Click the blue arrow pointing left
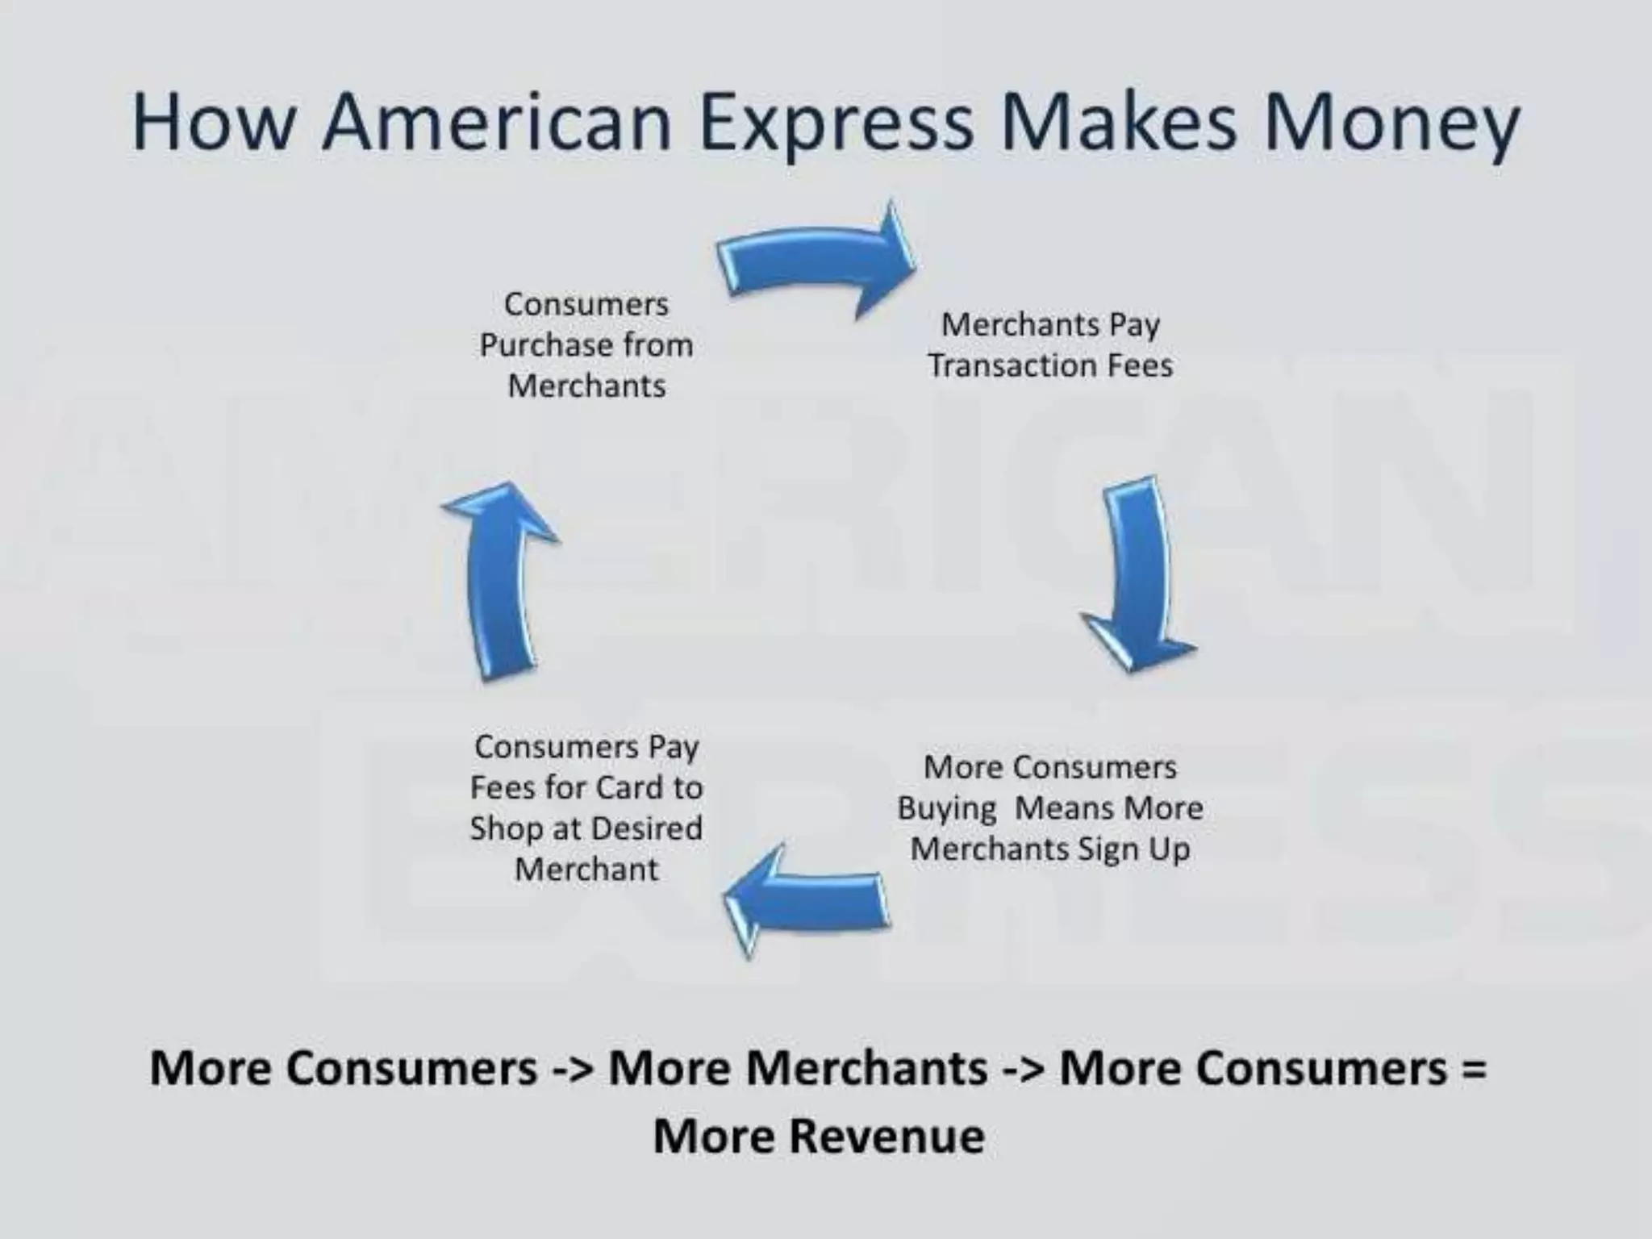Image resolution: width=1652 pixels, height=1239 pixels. pos(807,900)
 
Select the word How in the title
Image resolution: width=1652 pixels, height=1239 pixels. pos(212,123)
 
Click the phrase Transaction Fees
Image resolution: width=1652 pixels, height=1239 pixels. pos(1049,365)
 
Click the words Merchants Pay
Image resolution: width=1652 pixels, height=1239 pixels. pos(1049,324)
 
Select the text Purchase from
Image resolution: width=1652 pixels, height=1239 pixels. pos(586,345)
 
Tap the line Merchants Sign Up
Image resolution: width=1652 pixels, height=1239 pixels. pos(1049,849)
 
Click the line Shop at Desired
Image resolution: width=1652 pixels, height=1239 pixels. pos(586,828)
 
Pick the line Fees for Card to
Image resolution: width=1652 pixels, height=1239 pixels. pos(586,787)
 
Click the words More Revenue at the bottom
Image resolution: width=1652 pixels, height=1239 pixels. pos(818,1136)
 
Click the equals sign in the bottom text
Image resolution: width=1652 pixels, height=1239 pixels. pos(1473,1068)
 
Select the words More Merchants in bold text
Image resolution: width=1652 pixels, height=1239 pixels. pos(798,1068)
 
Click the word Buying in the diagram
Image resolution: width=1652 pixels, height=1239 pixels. pos(946,808)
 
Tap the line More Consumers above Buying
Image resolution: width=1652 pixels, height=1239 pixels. pos(1049,767)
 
